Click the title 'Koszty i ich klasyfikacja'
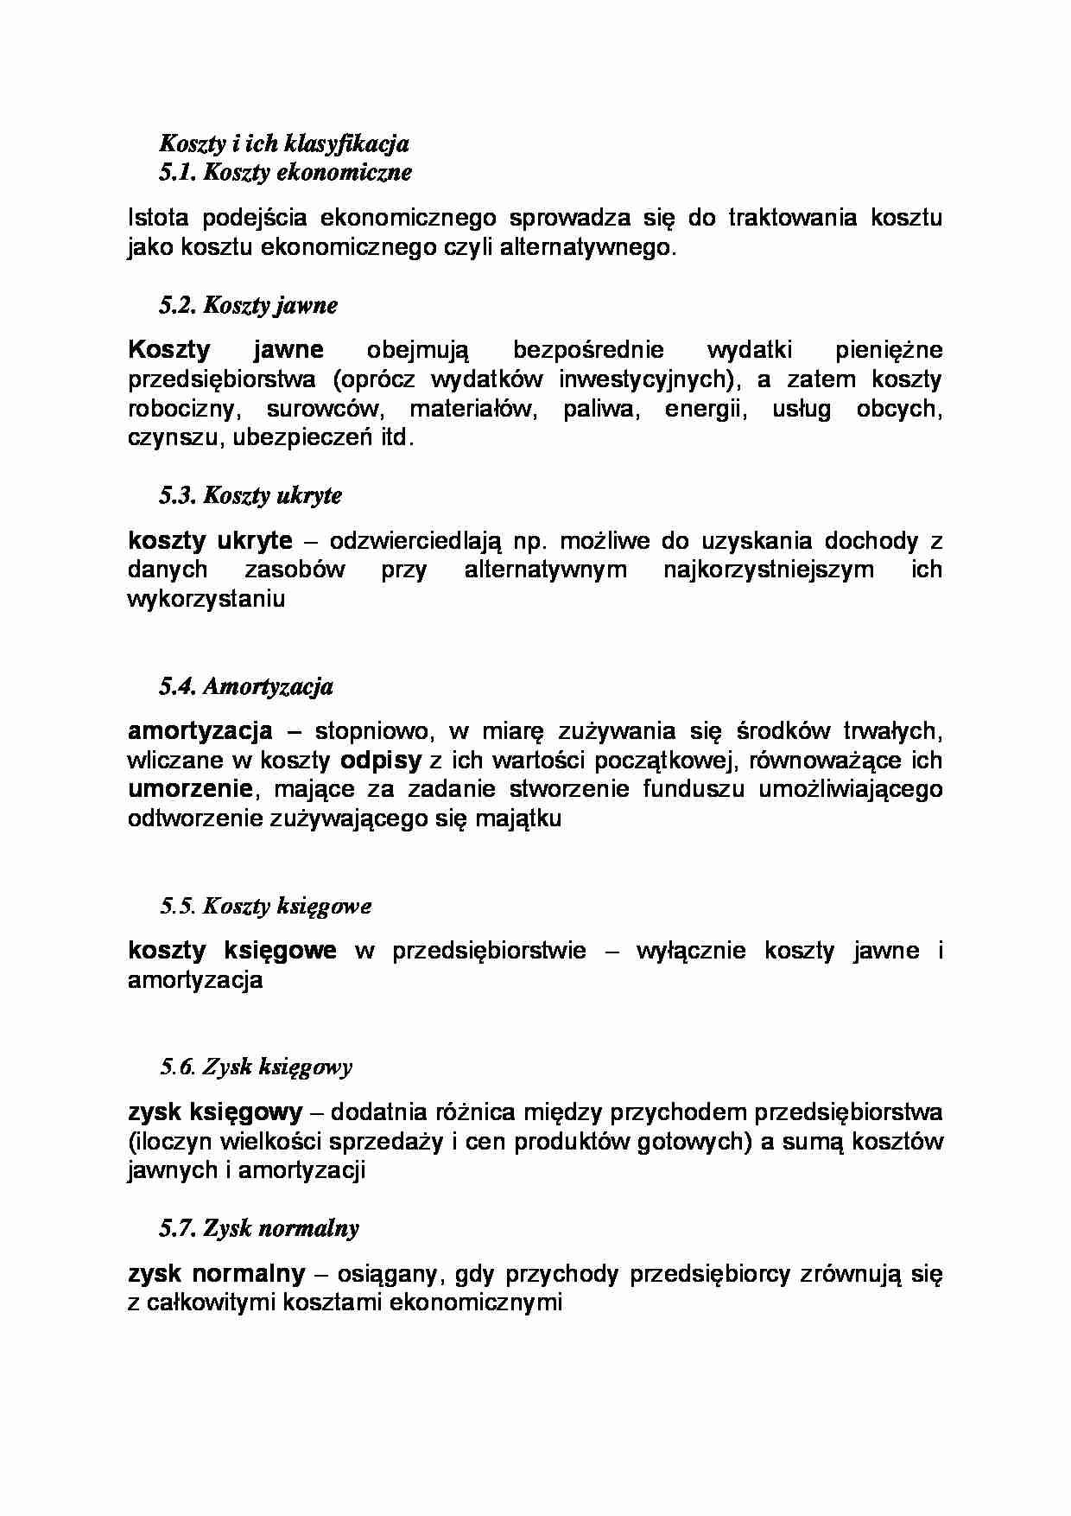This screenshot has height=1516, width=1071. point(284,143)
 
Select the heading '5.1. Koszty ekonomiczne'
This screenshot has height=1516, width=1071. point(286,172)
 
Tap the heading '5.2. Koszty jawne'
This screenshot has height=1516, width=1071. point(248,305)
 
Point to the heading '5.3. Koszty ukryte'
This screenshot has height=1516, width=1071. point(250,495)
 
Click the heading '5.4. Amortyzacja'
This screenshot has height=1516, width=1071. point(246,686)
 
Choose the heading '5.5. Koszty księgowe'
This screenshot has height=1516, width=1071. point(265,907)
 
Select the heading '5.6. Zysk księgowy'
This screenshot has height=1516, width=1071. point(256,1067)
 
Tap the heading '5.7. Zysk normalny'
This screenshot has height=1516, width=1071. point(259,1228)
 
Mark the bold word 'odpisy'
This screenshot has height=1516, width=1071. point(381,761)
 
